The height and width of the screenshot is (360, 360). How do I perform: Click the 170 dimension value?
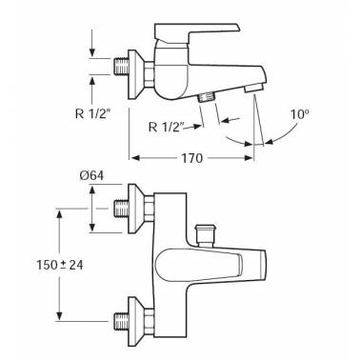[x=191, y=158]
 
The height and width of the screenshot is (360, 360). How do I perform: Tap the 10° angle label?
[x=300, y=114]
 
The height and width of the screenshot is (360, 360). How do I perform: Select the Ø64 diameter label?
[x=91, y=175]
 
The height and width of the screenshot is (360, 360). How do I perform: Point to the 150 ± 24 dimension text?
[x=60, y=265]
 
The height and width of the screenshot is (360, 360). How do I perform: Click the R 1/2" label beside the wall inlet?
[x=94, y=113]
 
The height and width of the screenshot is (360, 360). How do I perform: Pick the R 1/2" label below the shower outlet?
[x=167, y=127]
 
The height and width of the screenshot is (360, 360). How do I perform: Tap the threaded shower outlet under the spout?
[x=207, y=97]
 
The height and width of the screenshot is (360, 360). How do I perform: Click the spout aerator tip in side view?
[x=253, y=88]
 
